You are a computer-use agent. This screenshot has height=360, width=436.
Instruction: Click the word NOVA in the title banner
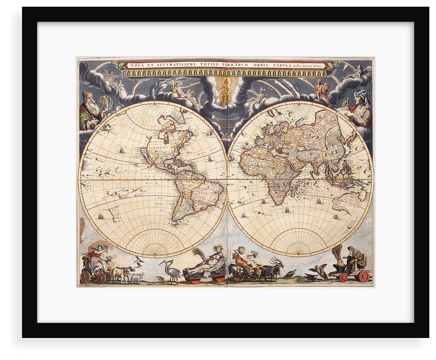click(135, 65)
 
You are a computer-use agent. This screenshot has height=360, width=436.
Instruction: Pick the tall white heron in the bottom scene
click(169, 270)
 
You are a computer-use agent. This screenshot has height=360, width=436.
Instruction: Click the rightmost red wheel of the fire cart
click(364, 276)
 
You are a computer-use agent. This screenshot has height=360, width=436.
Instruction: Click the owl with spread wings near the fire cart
click(321, 271)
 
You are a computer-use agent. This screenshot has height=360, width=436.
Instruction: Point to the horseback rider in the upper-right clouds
click(322, 91)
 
